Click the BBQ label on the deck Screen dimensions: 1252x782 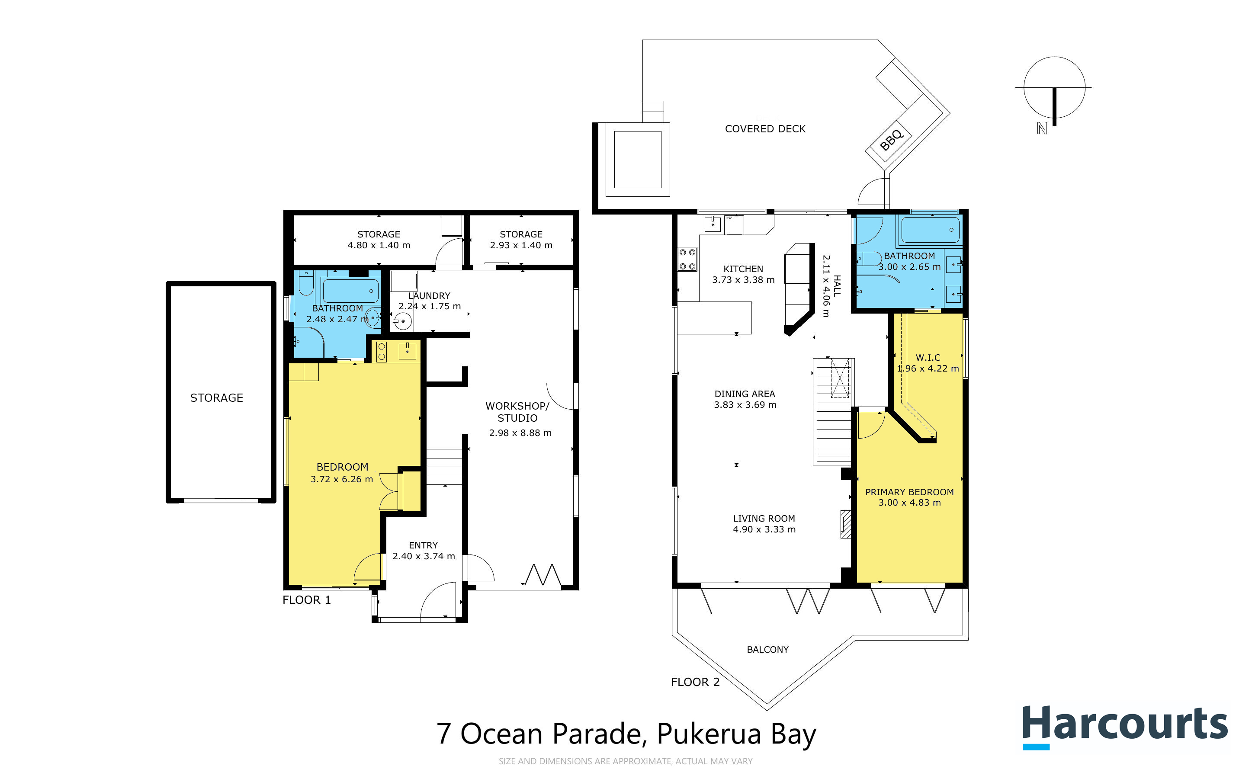892,139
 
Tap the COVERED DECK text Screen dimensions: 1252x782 765,129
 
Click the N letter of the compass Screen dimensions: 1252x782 1042,128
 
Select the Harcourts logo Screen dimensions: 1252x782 1125,726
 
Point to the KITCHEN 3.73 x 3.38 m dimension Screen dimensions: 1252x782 743,280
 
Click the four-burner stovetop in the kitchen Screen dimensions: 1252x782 687,259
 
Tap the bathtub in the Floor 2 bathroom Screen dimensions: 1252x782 930,230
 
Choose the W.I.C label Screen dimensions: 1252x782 928,357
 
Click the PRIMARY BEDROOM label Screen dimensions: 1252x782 909,492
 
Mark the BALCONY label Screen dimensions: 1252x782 767,650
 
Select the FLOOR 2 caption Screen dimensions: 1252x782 695,682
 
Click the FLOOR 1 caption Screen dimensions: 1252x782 306,600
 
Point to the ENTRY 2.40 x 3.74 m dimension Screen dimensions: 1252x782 424,556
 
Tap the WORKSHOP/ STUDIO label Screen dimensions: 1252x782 517,412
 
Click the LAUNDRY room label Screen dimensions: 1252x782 429,296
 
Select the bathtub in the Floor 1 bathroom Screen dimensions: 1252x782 350,291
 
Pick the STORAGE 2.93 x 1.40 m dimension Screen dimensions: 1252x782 521,245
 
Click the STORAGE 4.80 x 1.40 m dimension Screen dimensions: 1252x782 379,245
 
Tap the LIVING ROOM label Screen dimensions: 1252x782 764,518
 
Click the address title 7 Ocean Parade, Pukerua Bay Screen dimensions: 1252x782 626,734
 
